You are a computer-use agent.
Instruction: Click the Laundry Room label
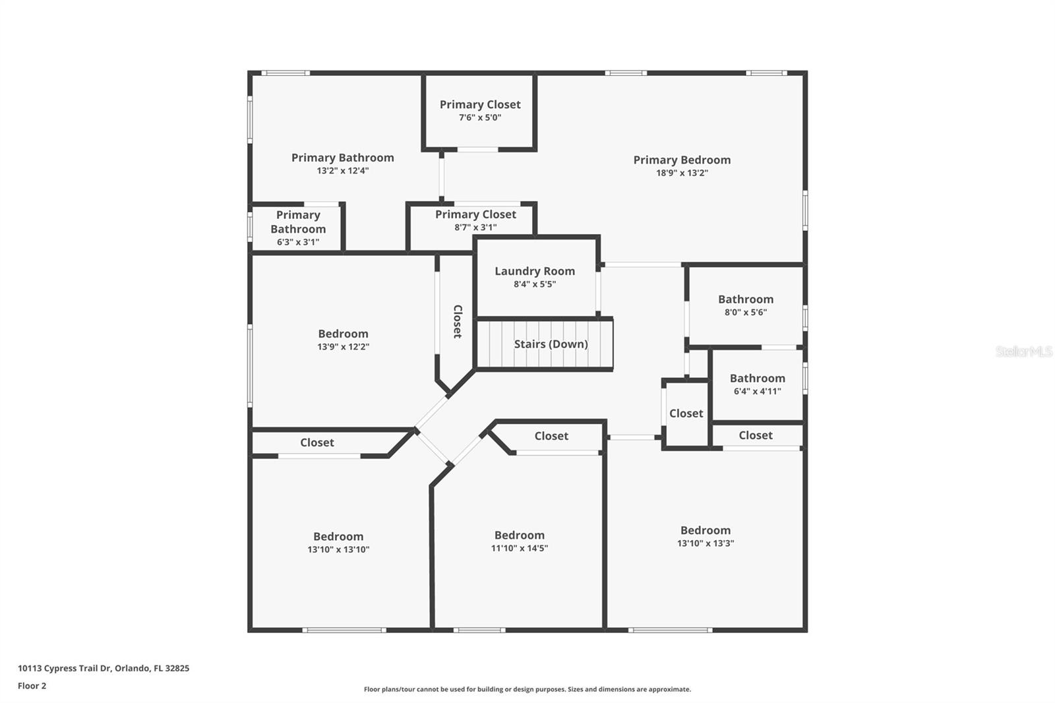tap(535, 271)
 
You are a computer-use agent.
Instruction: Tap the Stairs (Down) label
tap(551, 344)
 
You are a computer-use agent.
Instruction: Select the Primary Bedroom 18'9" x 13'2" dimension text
tap(682, 173)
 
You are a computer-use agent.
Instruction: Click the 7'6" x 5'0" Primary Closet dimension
tap(480, 117)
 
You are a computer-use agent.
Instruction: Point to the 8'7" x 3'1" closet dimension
tap(475, 227)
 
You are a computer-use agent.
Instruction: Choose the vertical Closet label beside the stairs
tap(458, 321)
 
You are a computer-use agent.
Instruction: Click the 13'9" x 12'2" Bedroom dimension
tap(343, 346)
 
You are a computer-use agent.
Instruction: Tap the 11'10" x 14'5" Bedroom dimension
tap(520, 548)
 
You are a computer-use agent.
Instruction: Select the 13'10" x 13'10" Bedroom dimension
tap(338, 549)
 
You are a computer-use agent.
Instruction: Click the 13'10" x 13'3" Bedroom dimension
tap(706, 543)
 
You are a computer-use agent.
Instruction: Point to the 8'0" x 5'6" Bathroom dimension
tap(746, 312)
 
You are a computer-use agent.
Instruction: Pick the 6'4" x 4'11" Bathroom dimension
tap(758, 391)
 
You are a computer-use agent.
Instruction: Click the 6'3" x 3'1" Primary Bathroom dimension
tap(298, 242)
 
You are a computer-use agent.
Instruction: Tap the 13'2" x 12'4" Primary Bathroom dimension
tap(343, 170)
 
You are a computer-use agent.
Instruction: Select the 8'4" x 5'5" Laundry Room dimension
tap(535, 284)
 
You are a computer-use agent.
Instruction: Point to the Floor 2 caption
tap(32, 686)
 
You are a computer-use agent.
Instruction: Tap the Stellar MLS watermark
tap(1024, 351)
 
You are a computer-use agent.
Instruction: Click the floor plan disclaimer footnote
tap(527, 689)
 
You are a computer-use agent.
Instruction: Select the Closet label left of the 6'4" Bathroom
tap(686, 413)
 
